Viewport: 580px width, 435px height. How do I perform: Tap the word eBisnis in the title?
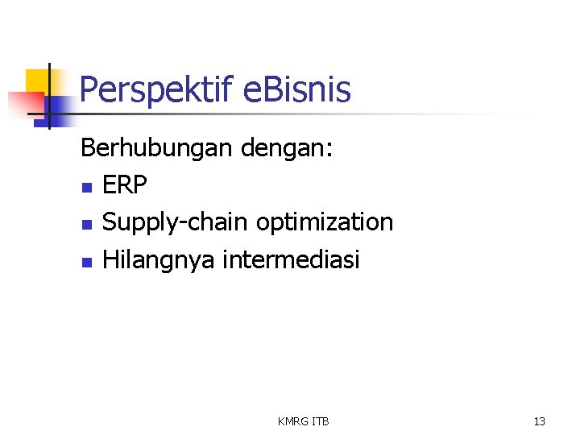pyautogui.click(x=296, y=89)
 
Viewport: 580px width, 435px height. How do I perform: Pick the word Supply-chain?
pyautogui.click(x=176, y=223)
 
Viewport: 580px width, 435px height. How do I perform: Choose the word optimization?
pyautogui.click(x=325, y=223)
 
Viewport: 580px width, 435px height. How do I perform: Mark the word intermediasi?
pyautogui.click(x=291, y=259)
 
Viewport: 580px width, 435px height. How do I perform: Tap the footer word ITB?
pyautogui.click(x=321, y=421)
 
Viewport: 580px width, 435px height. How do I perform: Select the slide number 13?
pyautogui.click(x=539, y=421)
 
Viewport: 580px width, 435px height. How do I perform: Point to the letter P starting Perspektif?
pyautogui.click(x=89, y=89)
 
